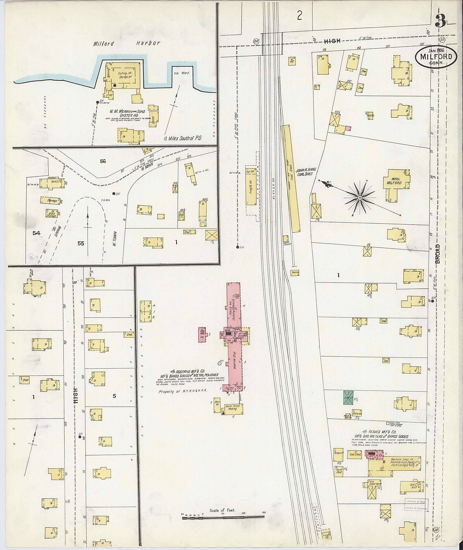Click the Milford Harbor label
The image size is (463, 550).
coord(127,44)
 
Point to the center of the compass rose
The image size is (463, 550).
coord(360,197)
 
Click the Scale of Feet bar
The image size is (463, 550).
coord(223,517)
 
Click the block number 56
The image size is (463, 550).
coord(103,161)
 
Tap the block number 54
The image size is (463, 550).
coord(36,233)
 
